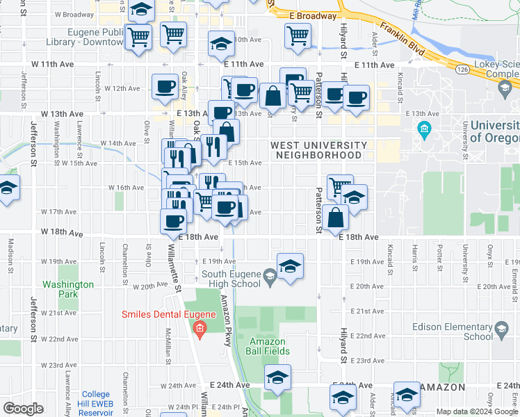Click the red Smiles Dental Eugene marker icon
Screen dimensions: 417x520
[200, 328]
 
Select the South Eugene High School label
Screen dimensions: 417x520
[230, 278]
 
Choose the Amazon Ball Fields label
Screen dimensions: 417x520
[268, 346]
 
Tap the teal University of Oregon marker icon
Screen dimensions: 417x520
[424, 129]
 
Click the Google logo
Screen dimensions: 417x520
[23, 409]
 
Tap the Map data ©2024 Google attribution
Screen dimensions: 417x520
[476, 411]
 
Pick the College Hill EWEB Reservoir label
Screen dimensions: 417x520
[95, 404]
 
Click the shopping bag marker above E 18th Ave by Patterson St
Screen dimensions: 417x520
[336, 217]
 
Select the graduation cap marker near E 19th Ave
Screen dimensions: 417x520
[291, 265]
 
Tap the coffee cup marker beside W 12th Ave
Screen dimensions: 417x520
[165, 86]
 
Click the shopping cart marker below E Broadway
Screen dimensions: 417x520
[298, 35]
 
